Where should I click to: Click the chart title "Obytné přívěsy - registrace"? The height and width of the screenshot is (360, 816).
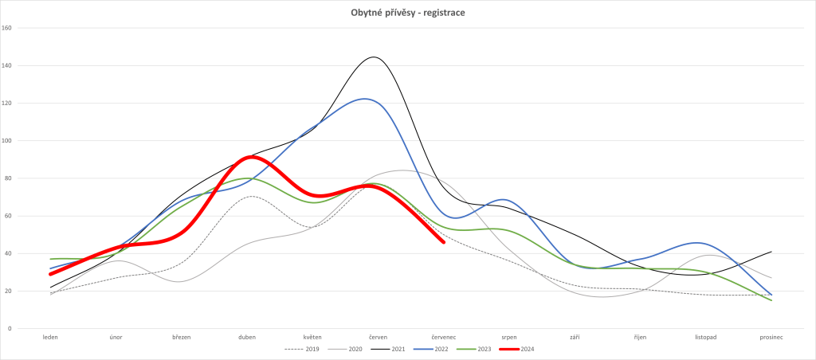coord(408,13)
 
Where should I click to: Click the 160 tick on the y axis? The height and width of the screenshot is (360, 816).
coord(8,28)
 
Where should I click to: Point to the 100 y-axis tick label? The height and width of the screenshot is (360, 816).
coord(8,141)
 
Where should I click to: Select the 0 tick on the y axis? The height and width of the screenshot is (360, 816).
coord(10,329)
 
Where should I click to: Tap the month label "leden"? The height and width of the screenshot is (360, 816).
coord(50,337)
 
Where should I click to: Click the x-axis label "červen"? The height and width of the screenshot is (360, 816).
coord(379,337)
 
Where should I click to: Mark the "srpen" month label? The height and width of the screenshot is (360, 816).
coord(509,337)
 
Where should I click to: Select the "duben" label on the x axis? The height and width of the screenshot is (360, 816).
coord(247,337)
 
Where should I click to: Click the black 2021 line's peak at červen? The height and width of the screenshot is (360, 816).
coord(373,57)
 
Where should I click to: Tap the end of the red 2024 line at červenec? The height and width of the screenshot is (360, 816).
coord(443,242)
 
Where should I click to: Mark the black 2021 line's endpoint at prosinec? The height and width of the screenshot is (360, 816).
coord(771,252)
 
